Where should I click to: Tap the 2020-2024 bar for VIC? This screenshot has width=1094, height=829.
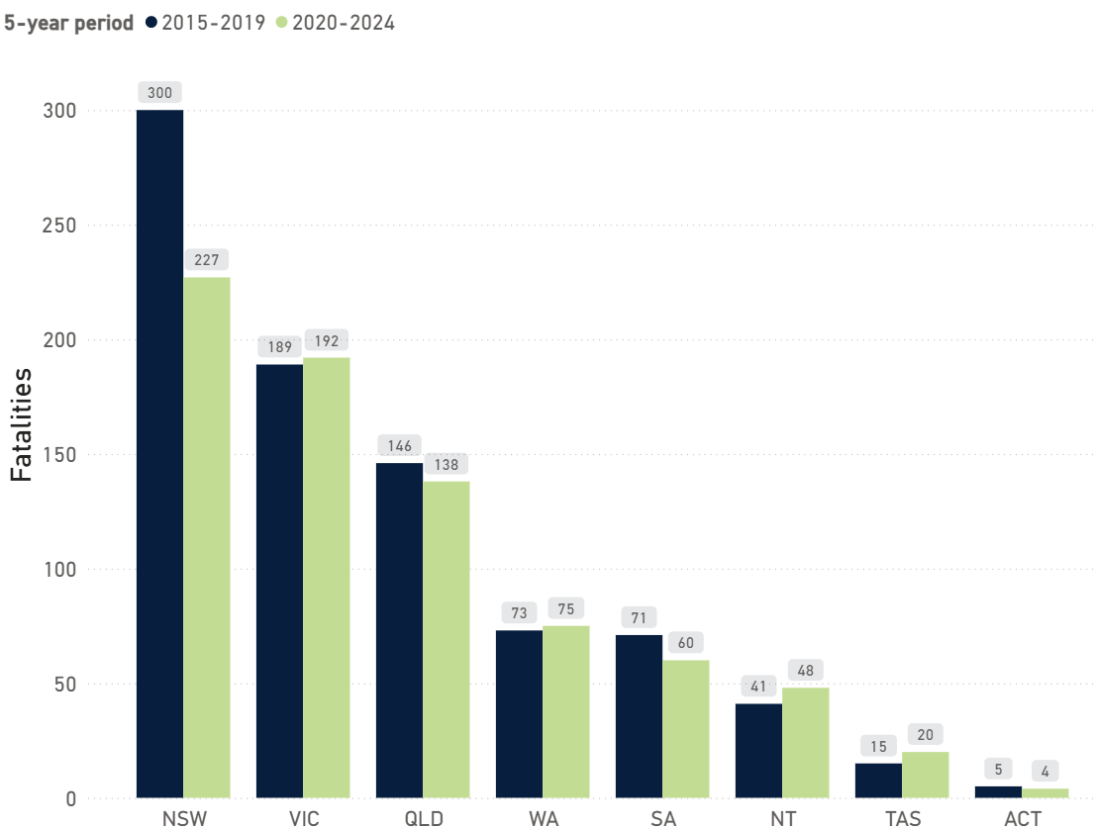(x=327, y=578)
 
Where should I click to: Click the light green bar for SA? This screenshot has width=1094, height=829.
(x=686, y=728)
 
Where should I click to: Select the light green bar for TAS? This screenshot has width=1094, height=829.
(x=926, y=775)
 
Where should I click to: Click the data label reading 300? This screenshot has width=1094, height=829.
(x=159, y=93)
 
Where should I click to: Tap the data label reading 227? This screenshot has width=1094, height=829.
(x=207, y=260)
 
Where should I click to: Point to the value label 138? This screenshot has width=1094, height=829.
(x=447, y=464)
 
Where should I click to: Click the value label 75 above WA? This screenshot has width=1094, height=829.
(x=566, y=609)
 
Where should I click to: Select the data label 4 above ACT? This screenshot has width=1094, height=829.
(x=1045, y=771)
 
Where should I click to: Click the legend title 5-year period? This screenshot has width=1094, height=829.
(x=68, y=23)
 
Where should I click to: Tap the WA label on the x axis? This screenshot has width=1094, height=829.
(x=543, y=818)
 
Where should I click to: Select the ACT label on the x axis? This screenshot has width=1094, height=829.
(x=1022, y=818)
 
